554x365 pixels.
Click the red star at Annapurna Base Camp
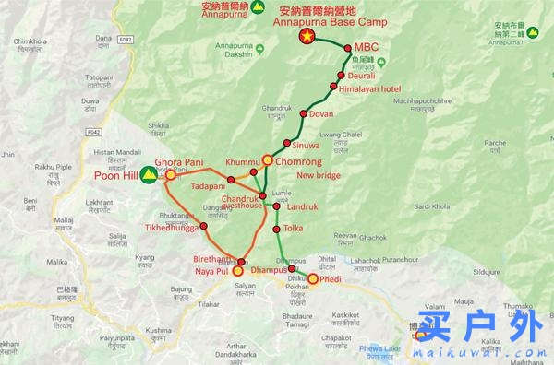tap(307, 36)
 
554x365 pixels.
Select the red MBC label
tap(367, 48)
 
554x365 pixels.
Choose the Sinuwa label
tap(307, 145)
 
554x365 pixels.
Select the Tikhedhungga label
tap(171, 227)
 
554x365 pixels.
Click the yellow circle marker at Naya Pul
tap(238, 271)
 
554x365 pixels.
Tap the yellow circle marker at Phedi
tap(313, 279)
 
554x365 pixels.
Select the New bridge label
tap(319, 175)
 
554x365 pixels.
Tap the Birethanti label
tap(214, 261)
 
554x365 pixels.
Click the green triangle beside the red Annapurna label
tap(233, 8)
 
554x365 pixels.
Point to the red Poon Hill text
tap(115, 175)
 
